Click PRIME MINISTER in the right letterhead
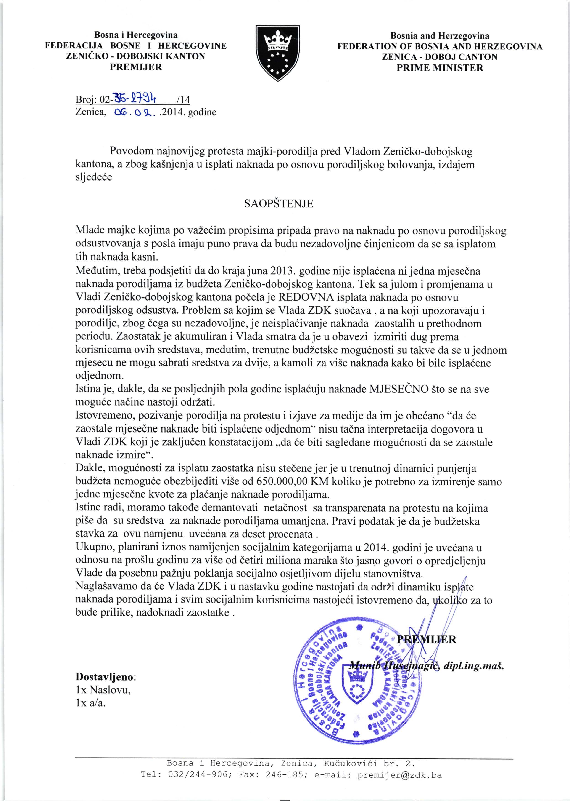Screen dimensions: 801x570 [440, 68]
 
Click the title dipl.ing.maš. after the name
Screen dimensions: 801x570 [473, 666]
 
